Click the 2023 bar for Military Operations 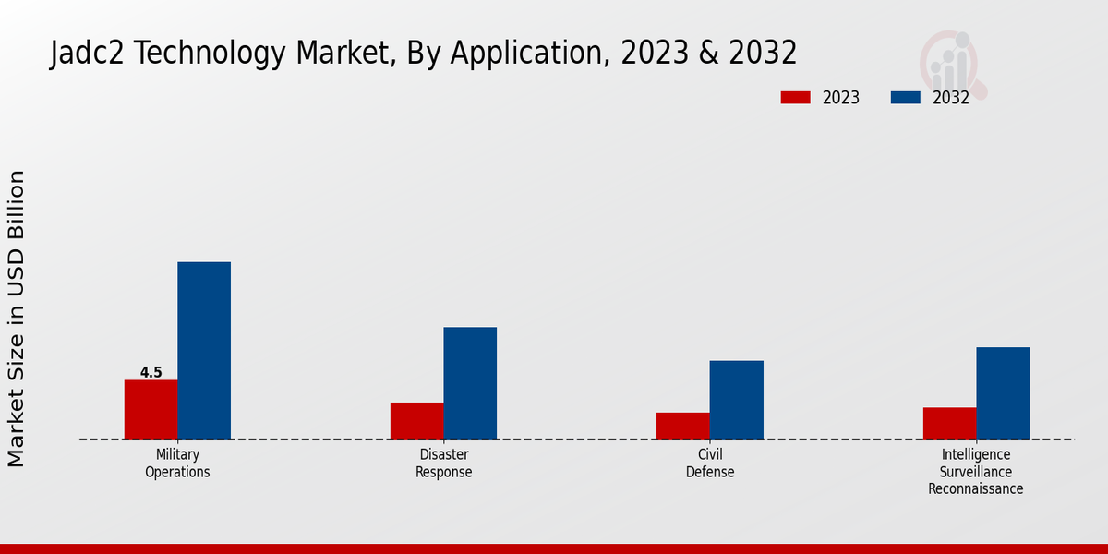[151, 409]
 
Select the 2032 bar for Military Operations [204, 350]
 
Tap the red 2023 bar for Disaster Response [416, 420]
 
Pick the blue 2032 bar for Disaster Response [470, 382]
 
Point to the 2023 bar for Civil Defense [683, 425]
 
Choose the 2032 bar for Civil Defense [737, 399]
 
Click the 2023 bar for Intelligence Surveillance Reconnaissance [949, 423]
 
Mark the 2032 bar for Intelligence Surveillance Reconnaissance [1003, 392]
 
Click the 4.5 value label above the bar [151, 372]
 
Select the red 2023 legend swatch [795, 98]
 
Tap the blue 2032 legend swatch [905, 98]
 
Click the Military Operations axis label [177, 464]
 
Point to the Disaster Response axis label [443, 464]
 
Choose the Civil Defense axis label [710, 464]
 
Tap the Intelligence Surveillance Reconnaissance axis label [976, 472]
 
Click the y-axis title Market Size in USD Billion [17, 319]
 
